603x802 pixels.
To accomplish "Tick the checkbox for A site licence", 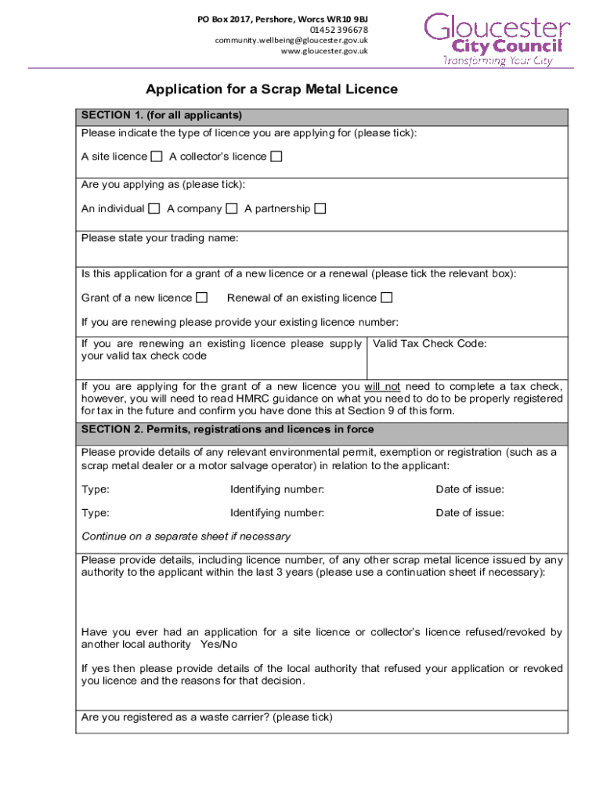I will [x=157, y=157].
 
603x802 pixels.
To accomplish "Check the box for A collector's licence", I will [x=276, y=157].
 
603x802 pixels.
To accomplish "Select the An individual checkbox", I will [x=154, y=208].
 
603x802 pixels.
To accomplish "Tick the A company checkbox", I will [x=232, y=208].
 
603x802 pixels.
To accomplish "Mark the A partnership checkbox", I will [x=320, y=208].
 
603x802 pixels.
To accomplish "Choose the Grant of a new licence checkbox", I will [x=202, y=298].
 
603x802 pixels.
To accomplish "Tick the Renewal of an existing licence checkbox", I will [x=386, y=298].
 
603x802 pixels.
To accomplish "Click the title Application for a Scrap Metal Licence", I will [x=272, y=89].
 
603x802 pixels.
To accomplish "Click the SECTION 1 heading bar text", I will [x=161, y=115].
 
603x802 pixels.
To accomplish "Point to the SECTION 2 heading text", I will [x=227, y=429].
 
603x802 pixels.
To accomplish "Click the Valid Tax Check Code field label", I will [x=430, y=344].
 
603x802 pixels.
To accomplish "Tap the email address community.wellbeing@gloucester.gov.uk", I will [x=291, y=41].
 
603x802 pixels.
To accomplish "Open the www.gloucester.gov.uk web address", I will [x=324, y=52].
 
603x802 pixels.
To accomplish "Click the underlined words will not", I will [x=382, y=387].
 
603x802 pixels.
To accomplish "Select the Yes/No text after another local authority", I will [x=218, y=644].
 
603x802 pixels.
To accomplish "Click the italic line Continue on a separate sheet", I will [x=186, y=536].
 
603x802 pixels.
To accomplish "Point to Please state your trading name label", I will [x=160, y=237].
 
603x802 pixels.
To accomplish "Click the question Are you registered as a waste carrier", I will [x=207, y=717].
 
